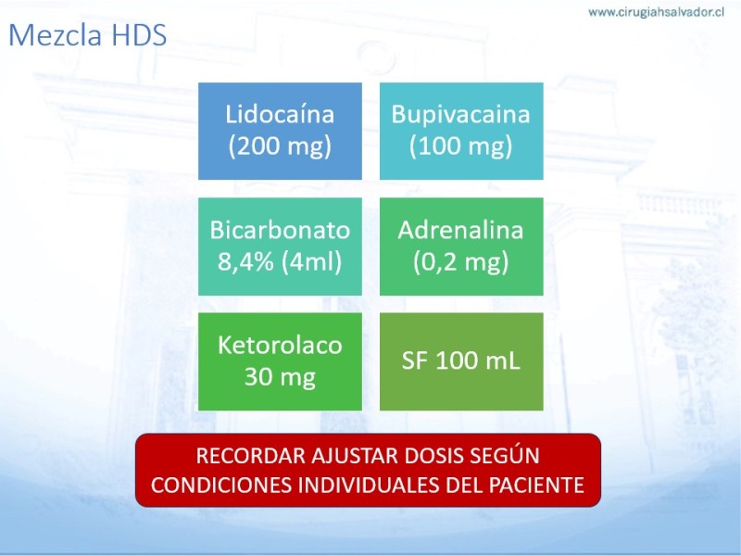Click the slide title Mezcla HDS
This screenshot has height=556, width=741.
click(88, 35)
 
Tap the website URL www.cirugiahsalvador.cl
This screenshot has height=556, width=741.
click(656, 12)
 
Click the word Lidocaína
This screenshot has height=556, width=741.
click(280, 114)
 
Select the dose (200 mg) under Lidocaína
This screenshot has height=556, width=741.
click(280, 145)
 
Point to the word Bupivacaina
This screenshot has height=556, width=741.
click(460, 114)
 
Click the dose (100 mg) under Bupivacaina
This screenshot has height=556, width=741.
click(460, 145)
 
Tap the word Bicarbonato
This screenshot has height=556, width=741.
click(280, 230)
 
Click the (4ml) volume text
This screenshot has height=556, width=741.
click(311, 261)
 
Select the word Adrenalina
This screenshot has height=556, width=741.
click(460, 230)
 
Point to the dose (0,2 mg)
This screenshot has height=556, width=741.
click(460, 261)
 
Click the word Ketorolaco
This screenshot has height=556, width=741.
click(280, 345)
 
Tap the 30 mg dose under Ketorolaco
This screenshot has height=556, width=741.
click(280, 377)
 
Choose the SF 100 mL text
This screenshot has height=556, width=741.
click(460, 360)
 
